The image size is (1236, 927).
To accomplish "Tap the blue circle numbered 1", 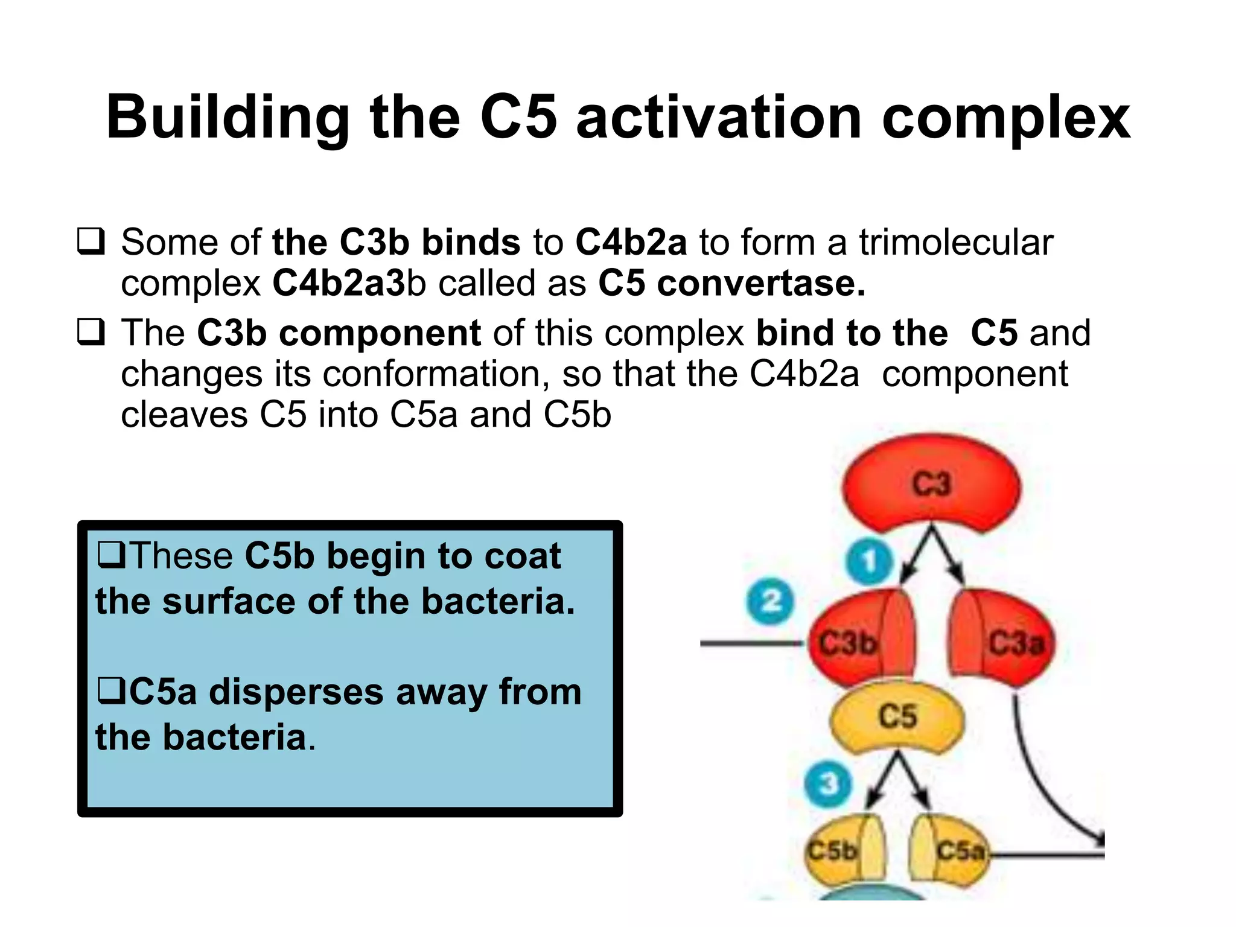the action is (x=869, y=561).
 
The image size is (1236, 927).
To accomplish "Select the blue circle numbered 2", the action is (x=771, y=601).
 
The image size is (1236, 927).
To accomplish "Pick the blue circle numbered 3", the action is (x=829, y=783).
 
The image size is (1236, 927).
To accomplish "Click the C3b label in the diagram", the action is (x=847, y=643).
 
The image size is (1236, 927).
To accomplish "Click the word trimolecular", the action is (x=956, y=242).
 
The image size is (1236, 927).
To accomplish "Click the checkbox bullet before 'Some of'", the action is (x=91, y=242).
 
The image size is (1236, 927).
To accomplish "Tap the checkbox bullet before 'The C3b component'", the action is (x=91, y=333).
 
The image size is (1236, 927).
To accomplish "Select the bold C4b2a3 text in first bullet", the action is (x=339, y=283).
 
